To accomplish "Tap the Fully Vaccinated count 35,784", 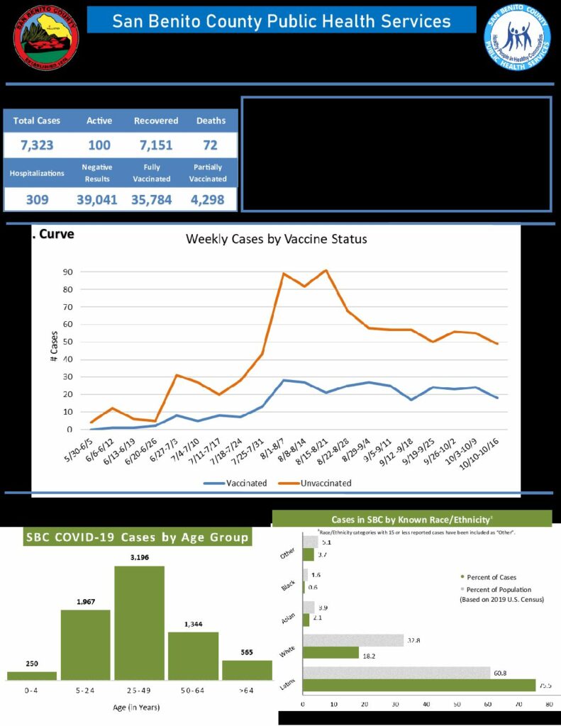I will tap(151, 200).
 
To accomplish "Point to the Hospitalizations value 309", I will tap(37, 200).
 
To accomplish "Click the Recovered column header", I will tap(156, 121).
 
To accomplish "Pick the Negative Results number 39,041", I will tap(96, 200).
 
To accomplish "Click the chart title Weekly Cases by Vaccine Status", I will tap(277, 239).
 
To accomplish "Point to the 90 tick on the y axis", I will tap(69, 272).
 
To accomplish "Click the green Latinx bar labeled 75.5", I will tap(418, 685).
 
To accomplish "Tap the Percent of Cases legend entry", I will tap(490, 577).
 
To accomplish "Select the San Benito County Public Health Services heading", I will tap(282, 21).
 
